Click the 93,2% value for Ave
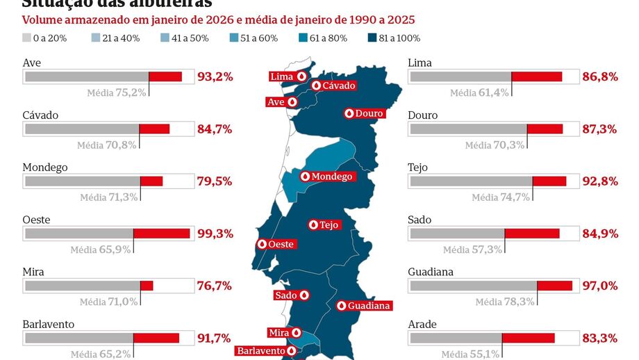[215, 76]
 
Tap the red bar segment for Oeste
[161, 234]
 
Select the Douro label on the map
[363, 113]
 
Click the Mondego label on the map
[326, 177]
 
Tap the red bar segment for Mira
[147, 286]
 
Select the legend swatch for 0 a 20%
[27, 38]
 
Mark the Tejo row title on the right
[418, 167]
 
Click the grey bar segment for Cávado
[82, 129]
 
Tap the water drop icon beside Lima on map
[301, 76]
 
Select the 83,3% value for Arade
[600, 338]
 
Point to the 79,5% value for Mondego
[215, 181]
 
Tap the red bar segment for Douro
[545, 129]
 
